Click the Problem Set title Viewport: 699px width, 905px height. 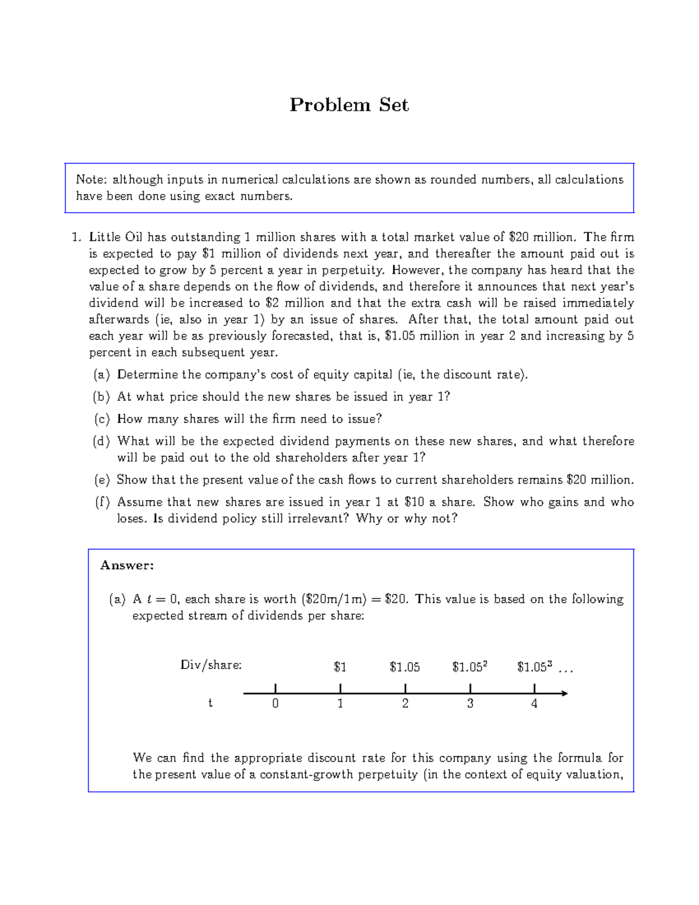pyautogui.click(x=349, y=105)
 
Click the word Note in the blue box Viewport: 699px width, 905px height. pyautogui.click(x=90, y=179)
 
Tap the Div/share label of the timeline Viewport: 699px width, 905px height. pyautogui.click(x=211, y=665)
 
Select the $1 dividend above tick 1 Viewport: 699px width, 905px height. pyautogui.click(x=340, y=667)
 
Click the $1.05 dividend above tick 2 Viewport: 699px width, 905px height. pyautogui.click(x=405, y=667)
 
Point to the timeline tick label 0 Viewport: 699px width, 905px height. pyautogui.click(x=276, y=703)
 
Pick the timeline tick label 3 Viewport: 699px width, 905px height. pyautogui.click(x=470, y=703)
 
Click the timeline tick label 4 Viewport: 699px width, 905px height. pyautogui.click(x=534, y=703)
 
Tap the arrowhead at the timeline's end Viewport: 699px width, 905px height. pyautogui.click(x=564, y=693)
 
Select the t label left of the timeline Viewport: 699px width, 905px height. pyautogui.click(x=210, y=703)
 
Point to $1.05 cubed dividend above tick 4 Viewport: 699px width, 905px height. pyautogui.click(x=534, y=667)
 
